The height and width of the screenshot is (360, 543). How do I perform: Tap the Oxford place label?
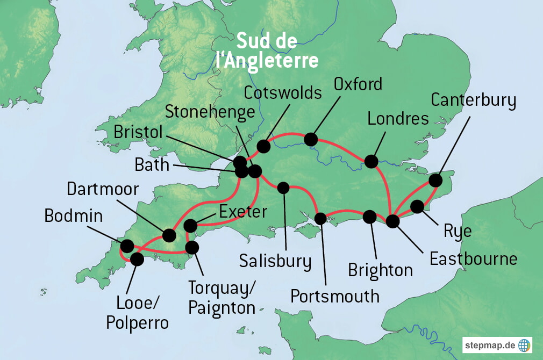pyautogui.click(x=358, y=84)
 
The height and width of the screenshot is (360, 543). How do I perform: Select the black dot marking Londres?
pyautogui.click(x=371, y=161)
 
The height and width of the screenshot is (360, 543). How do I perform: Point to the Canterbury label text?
pyautogui.click(x=474, y=100)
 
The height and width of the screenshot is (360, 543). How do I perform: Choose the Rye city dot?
pyautogui.click(x=417, y=206)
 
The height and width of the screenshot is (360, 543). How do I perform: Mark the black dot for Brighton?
pyautogui.click(x=370, y=217)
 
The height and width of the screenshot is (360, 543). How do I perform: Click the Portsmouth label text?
pyautogui.click(x=335, y=296)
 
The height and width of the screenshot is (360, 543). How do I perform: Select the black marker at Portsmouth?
pyautogui.click(x=320, y=219)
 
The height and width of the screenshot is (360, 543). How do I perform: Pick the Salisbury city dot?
pyautogui.click(x=283, y=188)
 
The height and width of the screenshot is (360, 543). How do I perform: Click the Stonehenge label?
pyautogui.click(x=210, y=112)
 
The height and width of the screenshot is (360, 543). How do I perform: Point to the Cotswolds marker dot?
pyautogui.click(x=263, y=146)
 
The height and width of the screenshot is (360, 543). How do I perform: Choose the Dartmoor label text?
pyautogui.click(x=103, y=189)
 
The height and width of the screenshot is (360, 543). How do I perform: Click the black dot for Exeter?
pyautogui.click(x=190, y=225)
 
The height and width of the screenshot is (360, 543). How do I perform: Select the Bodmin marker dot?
pyautogui.click(x=127, y=246)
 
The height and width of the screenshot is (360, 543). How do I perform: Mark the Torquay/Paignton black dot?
pyautogui.click(x=191, y=248)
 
